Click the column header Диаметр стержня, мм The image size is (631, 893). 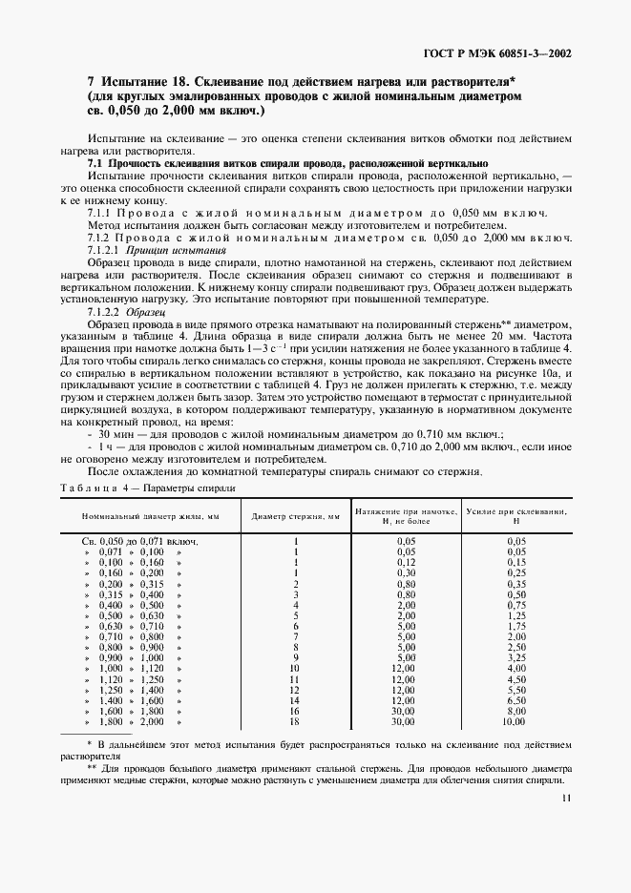[x=296, y=517]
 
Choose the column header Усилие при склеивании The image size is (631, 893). [x=516, y=516]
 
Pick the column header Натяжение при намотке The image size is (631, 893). [x=406, y=516]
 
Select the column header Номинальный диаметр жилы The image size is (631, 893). [x=150, y=517]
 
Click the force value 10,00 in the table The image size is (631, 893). [x=516, y=722]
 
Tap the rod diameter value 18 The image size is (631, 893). [x=296, y=722]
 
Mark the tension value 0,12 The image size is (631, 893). [x=406, y=563]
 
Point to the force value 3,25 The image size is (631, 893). [x=516, y=657]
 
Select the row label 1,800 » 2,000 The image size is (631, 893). [x=141, y=722]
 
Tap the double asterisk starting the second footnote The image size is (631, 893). [x=93, y=766]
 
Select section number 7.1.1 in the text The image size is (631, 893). [x=102, y=212]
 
